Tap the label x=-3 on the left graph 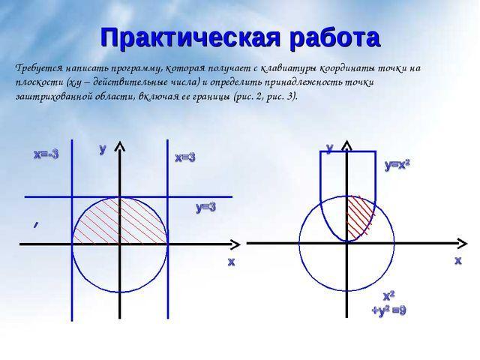pyautogui.click(x=46, y=154)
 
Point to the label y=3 pyautogui.click(x=205, y=207)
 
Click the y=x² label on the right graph pyautogui.click(x=397, y=164)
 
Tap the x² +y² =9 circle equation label pyautogui.click(x=388, y=303)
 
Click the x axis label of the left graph pyautogui.click(x=231, y=262)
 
